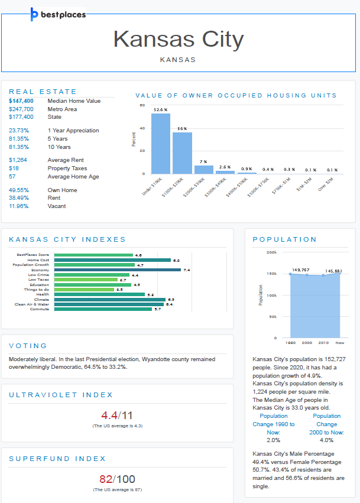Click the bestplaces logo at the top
click(58, 14)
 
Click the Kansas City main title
click(179, 40)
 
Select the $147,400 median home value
click(21, 101)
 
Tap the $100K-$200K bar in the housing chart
click(182, 152)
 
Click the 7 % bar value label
click(203, 161)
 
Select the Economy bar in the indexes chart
click(117, 270)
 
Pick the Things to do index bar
click(84, 290)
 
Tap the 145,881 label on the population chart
click(333, 271)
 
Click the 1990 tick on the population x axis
click(290, 342)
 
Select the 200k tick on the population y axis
click(272, 252)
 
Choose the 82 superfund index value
click(106, 479)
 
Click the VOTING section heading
click(28, 346)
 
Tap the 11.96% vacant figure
click(19, 206)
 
